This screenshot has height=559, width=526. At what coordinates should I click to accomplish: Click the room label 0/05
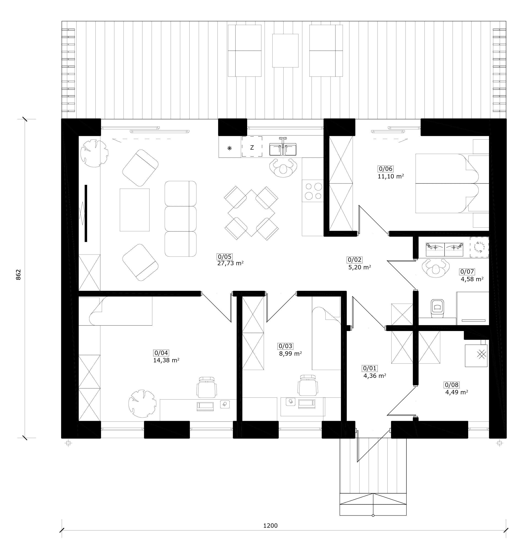click(225, 257)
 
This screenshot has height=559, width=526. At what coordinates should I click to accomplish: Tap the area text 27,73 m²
click(230, 263)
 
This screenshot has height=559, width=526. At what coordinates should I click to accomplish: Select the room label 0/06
click(385, 169)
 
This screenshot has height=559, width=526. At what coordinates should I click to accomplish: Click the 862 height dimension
click(19, 275)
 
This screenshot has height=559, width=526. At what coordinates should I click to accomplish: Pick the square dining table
click(251, 213)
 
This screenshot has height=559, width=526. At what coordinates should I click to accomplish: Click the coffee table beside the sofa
click(134, 210)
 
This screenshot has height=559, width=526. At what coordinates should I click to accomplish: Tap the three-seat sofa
click(180, 219)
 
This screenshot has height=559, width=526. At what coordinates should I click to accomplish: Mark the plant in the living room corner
click(94, 154)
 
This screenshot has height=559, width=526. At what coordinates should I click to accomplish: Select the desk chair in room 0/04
click(207, 387)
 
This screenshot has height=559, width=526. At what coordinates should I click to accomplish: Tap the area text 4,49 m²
click(456, 392)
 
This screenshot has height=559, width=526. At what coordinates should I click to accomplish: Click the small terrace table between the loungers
click(285, 51)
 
